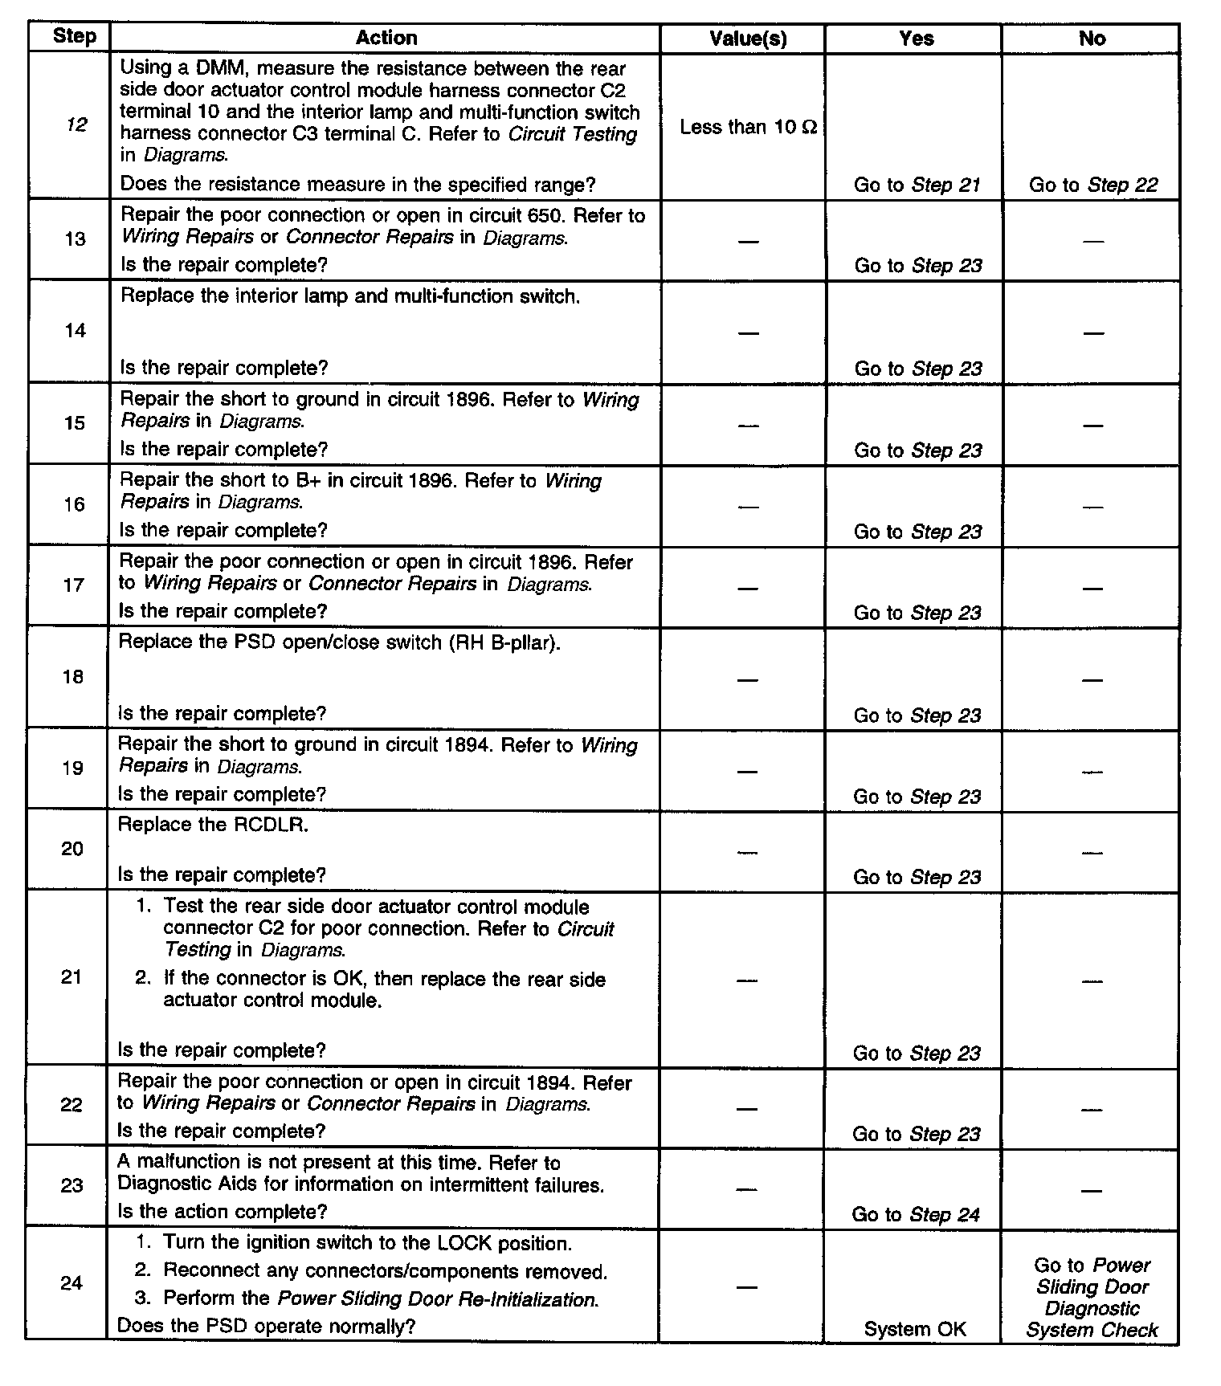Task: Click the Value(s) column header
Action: (748, 39)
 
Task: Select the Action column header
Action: (386, 38)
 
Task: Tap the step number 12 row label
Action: (76, 124)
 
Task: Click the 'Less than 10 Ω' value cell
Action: (748, 127)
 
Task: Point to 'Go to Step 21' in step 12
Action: (917, 185)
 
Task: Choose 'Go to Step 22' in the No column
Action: (1092, 185)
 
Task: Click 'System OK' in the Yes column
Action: (915, 1329)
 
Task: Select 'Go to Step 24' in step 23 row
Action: (916, 1215)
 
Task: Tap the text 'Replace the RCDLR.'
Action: (213, 825)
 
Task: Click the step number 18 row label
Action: (73, 677)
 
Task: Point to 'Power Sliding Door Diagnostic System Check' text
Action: (1092, 1298)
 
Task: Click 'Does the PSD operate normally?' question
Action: (266, 1326)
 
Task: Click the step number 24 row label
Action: (71, 1282)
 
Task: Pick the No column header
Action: (1092, 39)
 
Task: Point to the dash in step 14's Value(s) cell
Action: (748, 332)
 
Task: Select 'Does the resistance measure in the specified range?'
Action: (357, 185)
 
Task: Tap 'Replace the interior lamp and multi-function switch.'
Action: (350, 296)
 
